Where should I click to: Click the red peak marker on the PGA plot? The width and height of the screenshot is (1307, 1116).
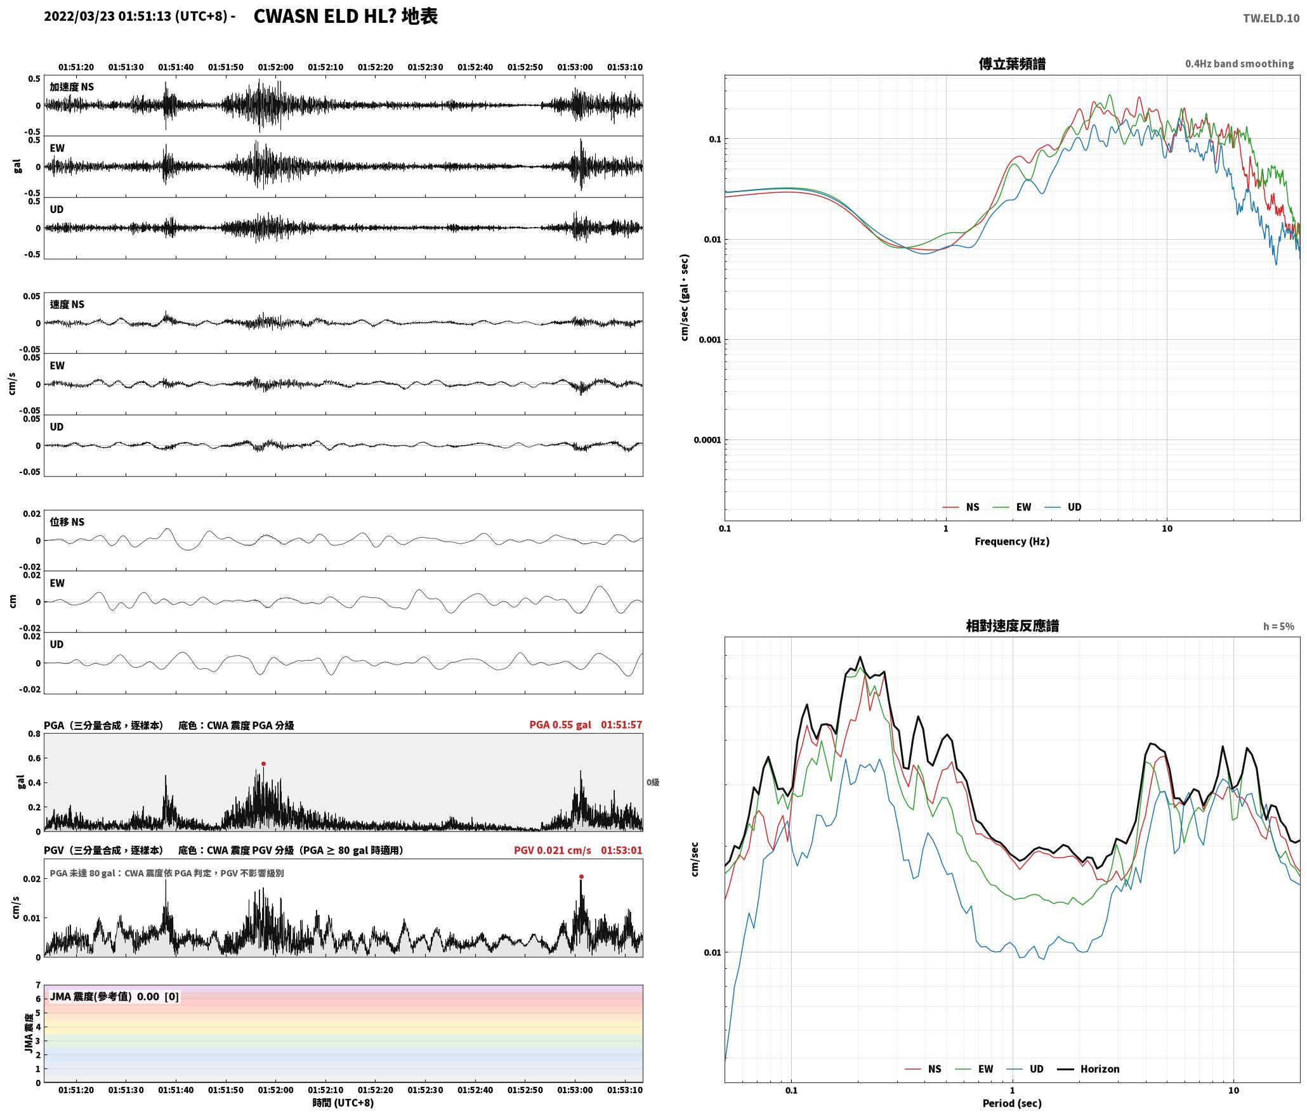[x=263, y=764]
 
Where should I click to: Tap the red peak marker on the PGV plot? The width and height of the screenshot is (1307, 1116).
[x=581, y=877]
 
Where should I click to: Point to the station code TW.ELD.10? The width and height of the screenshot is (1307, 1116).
[x=1271, y=18]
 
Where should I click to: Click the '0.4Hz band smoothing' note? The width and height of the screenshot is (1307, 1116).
[x=1239, y=64]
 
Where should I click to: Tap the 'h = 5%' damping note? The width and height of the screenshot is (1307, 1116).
[x=1278, y=626]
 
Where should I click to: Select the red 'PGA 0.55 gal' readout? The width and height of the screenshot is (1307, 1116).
[x=560, y=725]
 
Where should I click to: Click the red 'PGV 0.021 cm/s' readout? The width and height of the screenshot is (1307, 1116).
[x=552, y=850]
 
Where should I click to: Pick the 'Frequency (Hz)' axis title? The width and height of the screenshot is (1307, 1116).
[x=1012, y=542]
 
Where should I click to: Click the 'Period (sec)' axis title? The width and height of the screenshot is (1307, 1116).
[x=1012, y=1103]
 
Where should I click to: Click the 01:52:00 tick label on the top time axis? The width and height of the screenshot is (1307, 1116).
[x=275, y=67]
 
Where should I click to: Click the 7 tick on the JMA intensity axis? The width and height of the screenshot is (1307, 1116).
[x=38, y=985]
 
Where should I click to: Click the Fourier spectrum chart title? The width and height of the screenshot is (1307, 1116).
[x=1012, y=64]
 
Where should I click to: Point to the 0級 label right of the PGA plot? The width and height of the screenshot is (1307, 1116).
[x=653, y=782]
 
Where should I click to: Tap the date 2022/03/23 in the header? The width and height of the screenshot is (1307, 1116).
[x=79, y=16]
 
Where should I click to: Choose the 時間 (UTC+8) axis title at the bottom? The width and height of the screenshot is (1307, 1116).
[x=343, y=1103]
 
